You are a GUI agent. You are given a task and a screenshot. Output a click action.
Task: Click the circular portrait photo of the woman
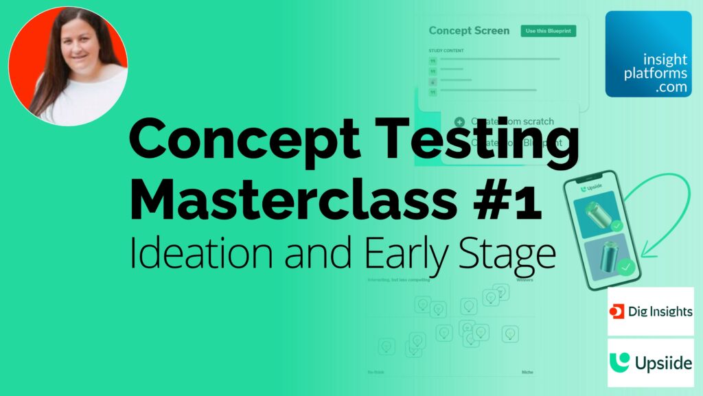click(x=68, y=66)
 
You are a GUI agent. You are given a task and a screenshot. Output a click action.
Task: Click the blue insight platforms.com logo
click(x=648, y=54)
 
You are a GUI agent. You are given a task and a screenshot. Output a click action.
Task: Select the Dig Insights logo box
click(x=650, y=312)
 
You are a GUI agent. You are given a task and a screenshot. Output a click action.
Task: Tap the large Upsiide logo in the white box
click(x=650, y=362)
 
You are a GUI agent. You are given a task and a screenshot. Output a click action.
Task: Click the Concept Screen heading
click(x=469, y=31)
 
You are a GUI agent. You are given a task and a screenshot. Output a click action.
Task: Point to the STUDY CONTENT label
click(x=446, y=50)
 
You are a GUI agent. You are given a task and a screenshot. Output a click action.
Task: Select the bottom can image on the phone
click(x=605, y=256)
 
